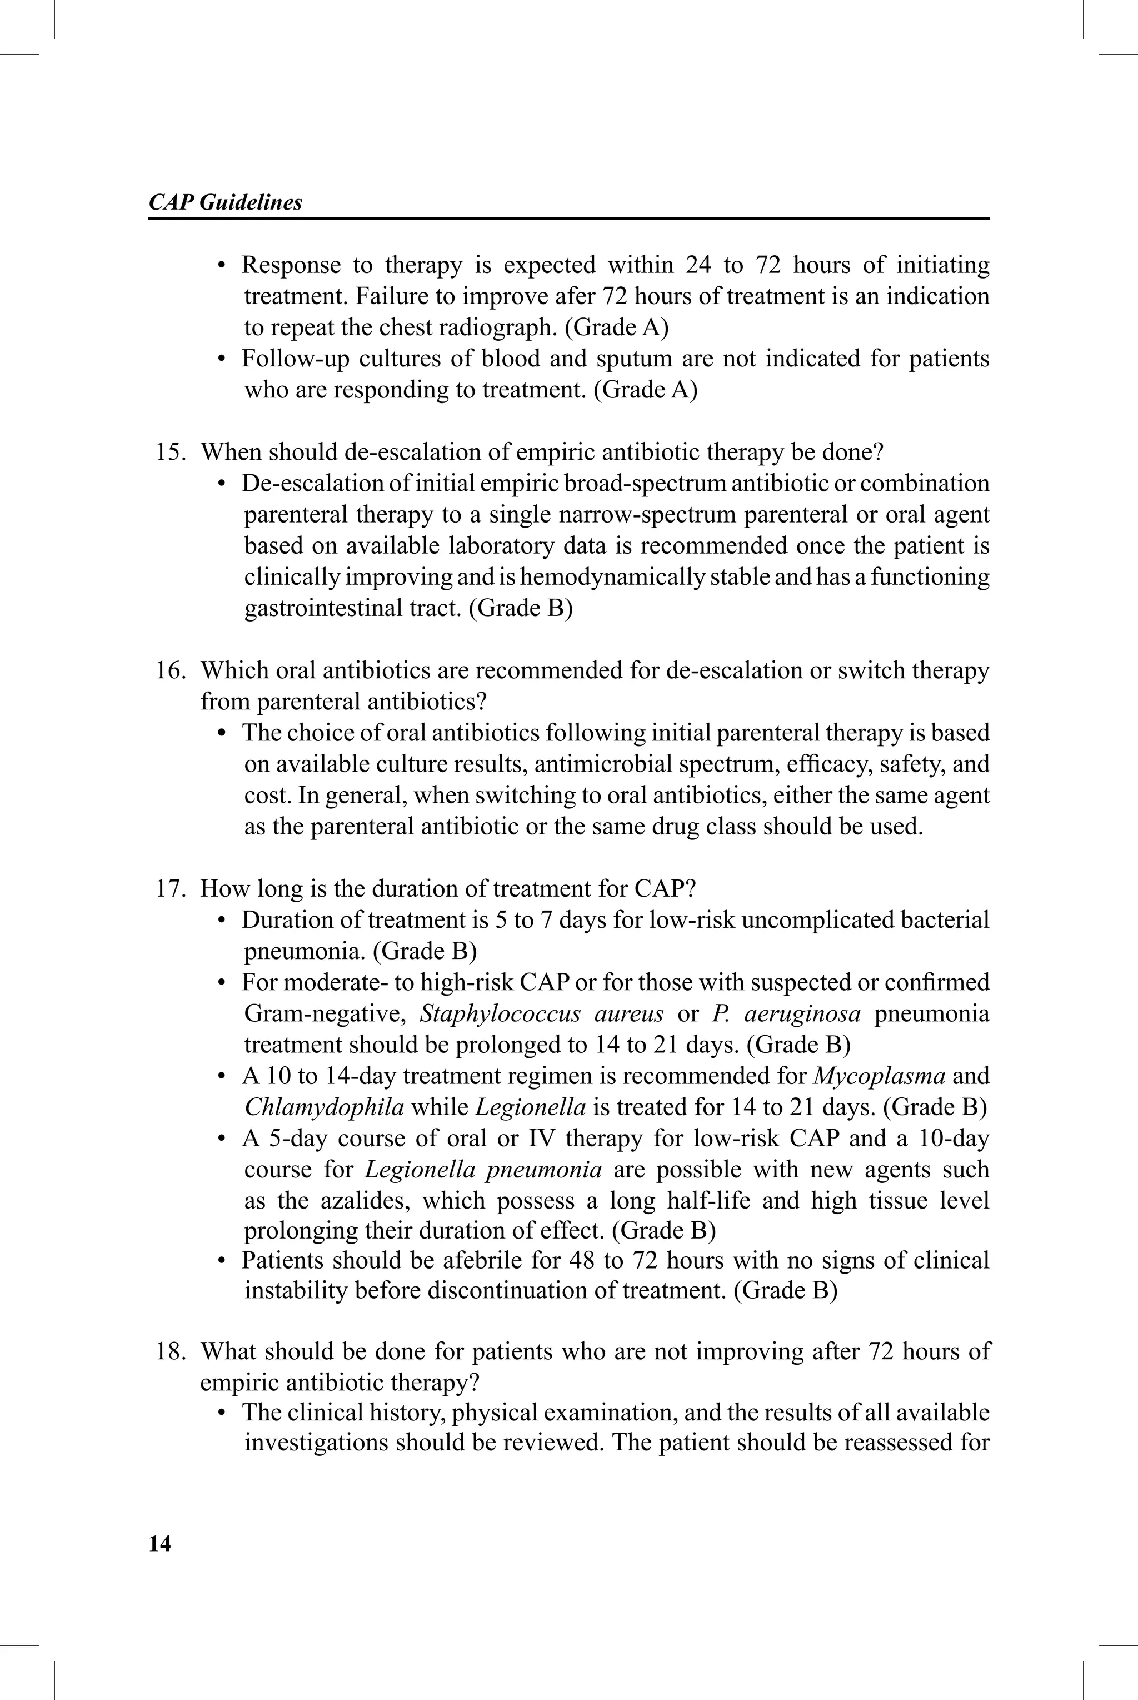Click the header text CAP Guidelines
(225, 202)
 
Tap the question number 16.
(170, 670)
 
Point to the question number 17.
(170, 889)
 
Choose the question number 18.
(170, 1351)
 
